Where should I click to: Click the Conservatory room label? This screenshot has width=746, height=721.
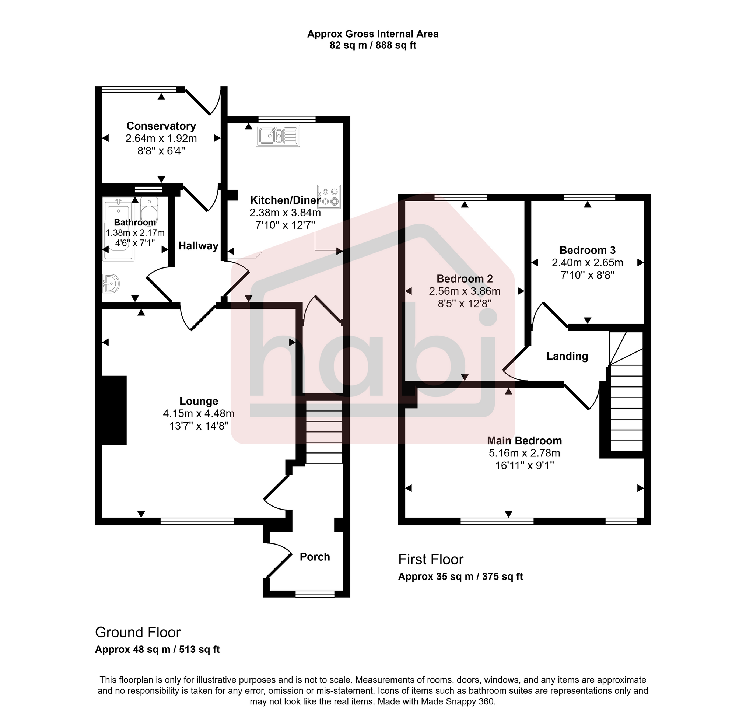click(161, 126)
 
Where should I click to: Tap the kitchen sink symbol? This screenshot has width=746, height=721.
click(278, 136)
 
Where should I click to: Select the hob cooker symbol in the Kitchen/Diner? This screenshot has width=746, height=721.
click(329, 197)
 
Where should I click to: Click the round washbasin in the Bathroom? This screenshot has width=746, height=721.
click(111, 283)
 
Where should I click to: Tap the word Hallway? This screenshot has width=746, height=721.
click(198, 246)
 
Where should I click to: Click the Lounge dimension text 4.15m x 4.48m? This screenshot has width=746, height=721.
click(199, 413)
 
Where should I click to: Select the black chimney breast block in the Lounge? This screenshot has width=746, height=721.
click(114, 410)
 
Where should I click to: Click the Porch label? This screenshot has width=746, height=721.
click(315, 557)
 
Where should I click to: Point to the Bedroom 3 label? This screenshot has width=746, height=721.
click(587, 250)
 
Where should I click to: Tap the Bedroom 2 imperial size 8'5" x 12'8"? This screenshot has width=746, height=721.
click(464, 304)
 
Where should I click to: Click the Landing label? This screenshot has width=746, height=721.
click(567, 356)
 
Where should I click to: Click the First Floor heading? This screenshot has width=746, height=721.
click(431, 560)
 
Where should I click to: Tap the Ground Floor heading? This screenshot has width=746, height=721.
click(138, 632)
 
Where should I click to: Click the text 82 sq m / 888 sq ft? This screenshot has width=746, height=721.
click(372, 46)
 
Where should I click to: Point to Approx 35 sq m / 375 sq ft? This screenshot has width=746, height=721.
click(460, 577)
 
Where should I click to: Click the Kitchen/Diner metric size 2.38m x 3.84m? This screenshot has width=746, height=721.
click(285, 213)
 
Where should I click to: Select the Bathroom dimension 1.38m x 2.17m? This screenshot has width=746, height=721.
click(135, 232)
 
